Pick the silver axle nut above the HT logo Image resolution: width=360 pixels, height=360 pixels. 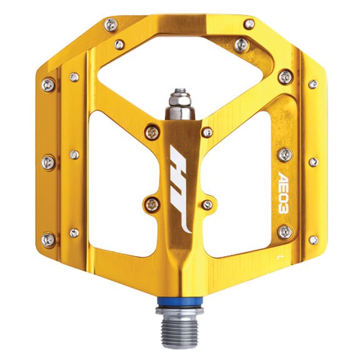(178, 99)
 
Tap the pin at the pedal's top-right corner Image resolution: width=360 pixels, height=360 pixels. (249, 24)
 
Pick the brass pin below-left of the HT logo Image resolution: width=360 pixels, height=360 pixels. (151, 202)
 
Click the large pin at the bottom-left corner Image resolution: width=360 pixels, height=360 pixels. (48, 239)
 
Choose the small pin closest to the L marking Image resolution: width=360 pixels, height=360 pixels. (312, 240)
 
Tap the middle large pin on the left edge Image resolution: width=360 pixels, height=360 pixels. (48, 162)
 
